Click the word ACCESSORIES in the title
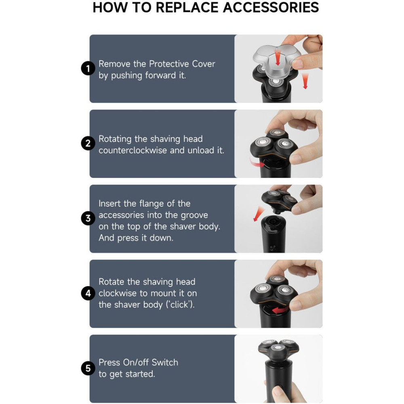point(271,7)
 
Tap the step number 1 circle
point(88,69)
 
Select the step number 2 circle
point(88,143)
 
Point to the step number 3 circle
point(88,218)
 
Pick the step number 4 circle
point(88,293)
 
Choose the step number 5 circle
point(88,368)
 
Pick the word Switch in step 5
point(165,362)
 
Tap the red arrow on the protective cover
point(278,57)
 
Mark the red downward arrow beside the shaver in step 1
point(305,81)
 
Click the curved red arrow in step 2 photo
point(257,163)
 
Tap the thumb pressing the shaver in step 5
point(278,393)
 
